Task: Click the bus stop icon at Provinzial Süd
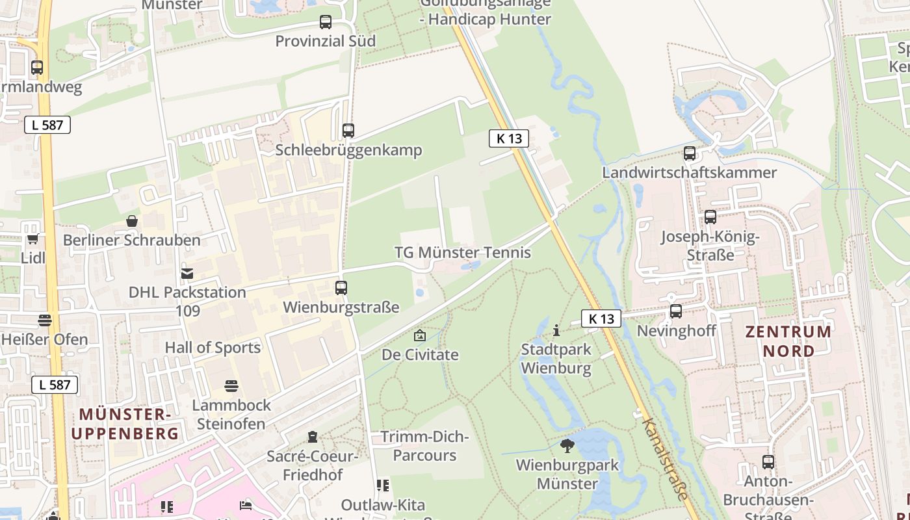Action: coord(326,22)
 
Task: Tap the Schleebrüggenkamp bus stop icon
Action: coord(348,131)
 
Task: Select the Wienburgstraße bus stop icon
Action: coord(341,287)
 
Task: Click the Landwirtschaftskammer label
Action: coord(689,173)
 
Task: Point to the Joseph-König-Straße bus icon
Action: coord(710,217)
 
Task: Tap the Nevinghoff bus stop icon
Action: coord(676,311)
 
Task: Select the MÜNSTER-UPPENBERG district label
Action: coord(125,424)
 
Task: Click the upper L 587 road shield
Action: coord(47,125)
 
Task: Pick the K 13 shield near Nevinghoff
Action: coord(601,318)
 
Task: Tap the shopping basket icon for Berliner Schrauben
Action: coord(132,222)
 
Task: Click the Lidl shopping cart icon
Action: coord(32,239)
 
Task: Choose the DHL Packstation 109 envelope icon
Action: coord(187,274)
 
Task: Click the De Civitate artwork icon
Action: coord(420,336)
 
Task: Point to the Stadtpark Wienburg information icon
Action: coord(556,330)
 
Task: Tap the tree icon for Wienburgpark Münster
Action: coord(567,446)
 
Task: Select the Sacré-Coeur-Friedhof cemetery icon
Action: coord(313,437)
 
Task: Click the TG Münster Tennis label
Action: coord(463,253)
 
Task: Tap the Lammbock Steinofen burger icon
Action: coord(231,386)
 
